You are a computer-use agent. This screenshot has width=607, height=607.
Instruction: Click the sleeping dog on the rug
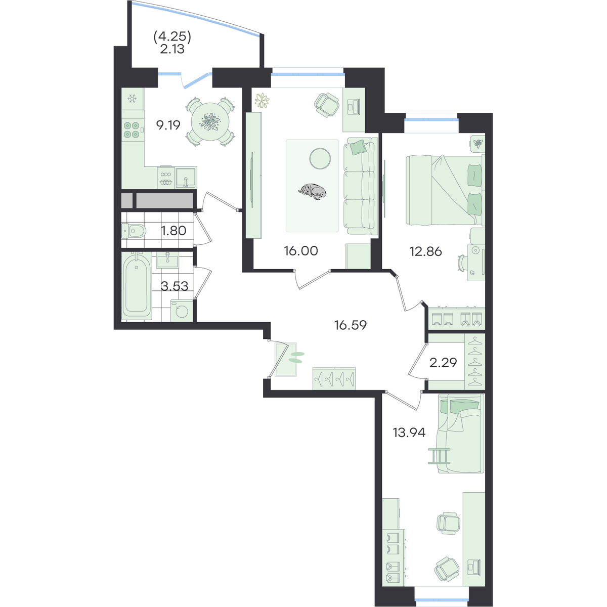coord(312,191)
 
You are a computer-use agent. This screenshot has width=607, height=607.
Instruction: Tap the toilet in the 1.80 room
coord(134,231)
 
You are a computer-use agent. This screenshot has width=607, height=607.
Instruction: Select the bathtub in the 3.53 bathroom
coord(137,285)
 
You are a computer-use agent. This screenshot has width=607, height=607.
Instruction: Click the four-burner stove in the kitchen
coord(132,130)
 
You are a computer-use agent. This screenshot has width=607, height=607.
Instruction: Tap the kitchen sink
coord(186,178)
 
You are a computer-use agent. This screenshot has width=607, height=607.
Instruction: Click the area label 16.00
coord(301,251)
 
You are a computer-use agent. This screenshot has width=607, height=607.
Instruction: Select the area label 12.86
coord(425,252)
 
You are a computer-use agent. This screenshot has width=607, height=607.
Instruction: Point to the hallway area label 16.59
coord(351,325)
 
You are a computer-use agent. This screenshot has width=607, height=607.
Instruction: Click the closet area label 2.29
coord(443,363)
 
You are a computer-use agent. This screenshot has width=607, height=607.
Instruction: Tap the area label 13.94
coord(409,432)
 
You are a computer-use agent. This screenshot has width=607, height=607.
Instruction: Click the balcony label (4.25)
coord(172,37)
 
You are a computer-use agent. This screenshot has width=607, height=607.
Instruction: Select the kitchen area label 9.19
coord(168,125)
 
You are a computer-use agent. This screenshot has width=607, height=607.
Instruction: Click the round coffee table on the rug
coord(320,158)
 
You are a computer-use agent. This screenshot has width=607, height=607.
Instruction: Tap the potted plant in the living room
coord(262,101)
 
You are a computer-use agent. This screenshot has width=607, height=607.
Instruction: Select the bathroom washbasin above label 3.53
coord(167,259)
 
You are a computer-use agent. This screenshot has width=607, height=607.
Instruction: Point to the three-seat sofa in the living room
coord(361,187)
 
